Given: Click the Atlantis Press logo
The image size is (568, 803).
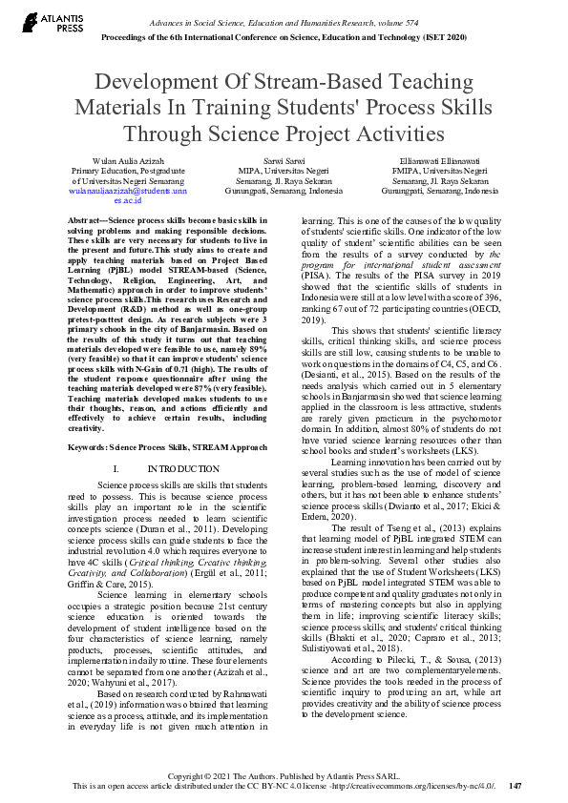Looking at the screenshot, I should tap(39, 22).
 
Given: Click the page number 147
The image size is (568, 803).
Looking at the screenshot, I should tap(516, 787).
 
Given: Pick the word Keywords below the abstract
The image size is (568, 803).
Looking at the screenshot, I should tap(87, 446).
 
